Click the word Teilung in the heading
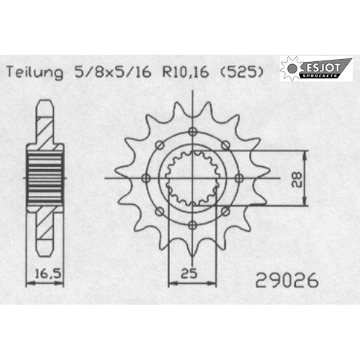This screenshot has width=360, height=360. tap(35, 72)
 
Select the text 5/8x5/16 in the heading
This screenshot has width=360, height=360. tap(113, 71)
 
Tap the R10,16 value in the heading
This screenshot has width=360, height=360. tap(186, 72)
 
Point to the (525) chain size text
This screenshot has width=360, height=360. tap(242, 71)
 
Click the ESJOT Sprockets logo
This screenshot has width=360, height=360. tap(316, 69)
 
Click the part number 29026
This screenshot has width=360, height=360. tap(287, 280)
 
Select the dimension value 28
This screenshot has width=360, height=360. tap(297, 179)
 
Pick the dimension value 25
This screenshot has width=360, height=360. tap(189, 273)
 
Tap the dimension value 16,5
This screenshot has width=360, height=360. tap(48, 274)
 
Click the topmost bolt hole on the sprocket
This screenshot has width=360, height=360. tap(192, 131)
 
